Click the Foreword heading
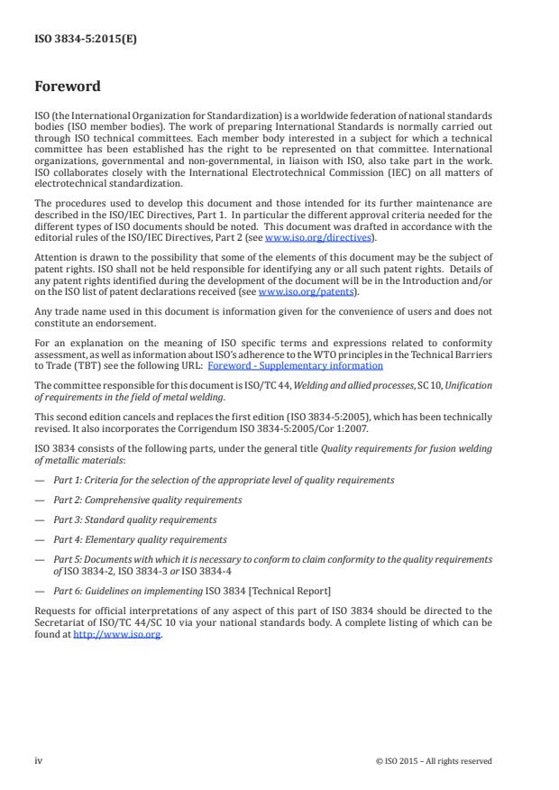tap(67, 87)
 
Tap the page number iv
tap(38, 760)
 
